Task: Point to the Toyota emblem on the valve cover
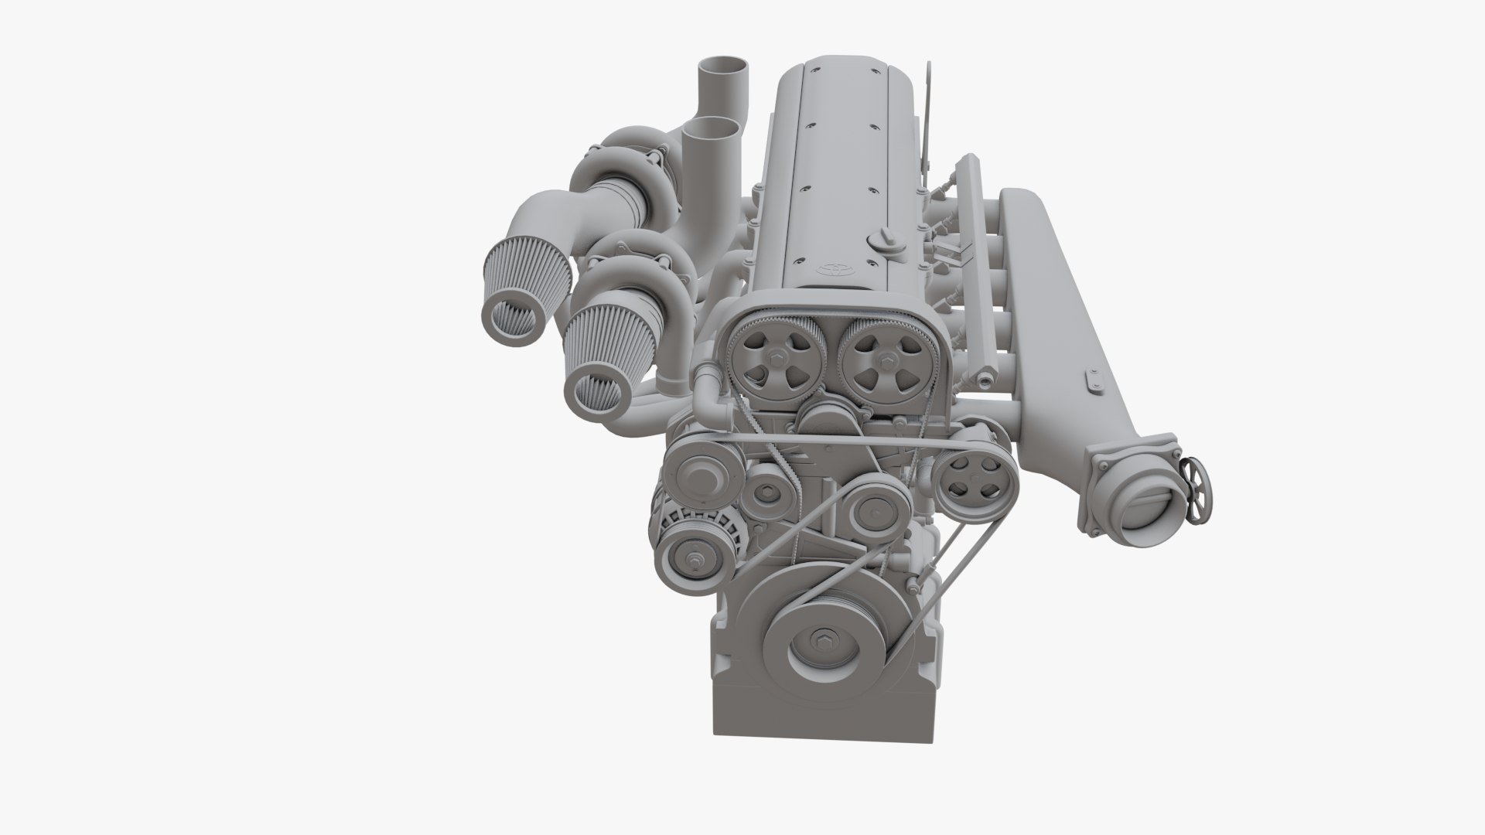coord(834,270)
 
